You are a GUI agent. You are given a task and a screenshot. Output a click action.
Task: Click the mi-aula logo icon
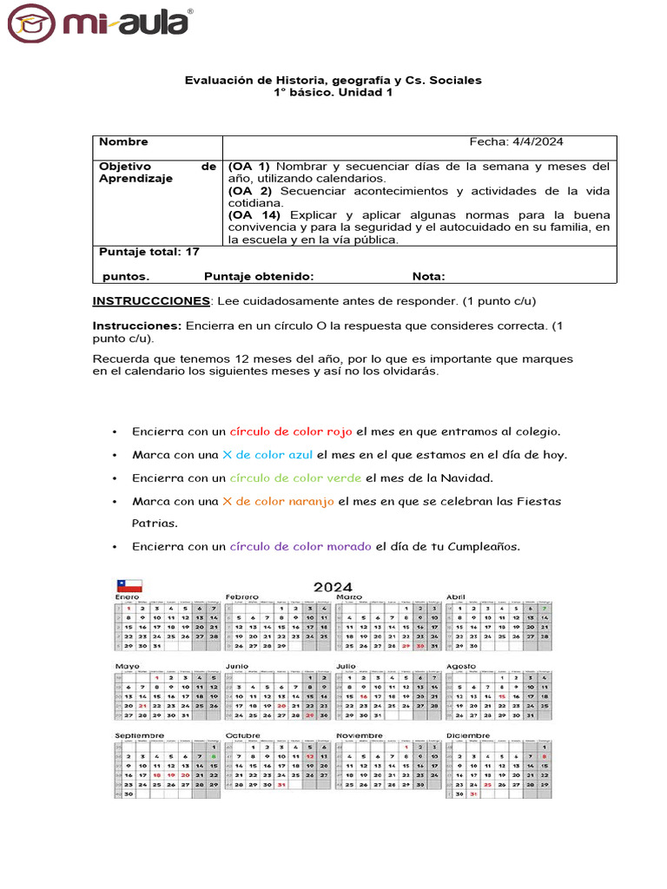34,23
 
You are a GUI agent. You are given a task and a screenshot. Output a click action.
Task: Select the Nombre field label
123,142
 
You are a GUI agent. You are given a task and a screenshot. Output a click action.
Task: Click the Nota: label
428,277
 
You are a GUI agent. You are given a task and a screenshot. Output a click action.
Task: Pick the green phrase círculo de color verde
295,478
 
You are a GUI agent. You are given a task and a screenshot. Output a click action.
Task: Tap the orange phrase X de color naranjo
278,502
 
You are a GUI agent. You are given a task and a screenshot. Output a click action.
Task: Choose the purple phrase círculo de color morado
300,547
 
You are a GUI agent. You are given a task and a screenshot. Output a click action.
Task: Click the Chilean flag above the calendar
129,586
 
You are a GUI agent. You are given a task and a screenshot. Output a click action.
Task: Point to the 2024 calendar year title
333,588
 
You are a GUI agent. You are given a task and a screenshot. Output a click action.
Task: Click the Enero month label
127,597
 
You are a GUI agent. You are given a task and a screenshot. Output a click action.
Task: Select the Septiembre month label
139,735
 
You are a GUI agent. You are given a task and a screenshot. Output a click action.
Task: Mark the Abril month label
456,597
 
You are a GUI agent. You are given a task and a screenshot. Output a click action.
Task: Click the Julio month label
347,667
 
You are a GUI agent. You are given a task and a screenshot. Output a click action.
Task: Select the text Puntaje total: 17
149,252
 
